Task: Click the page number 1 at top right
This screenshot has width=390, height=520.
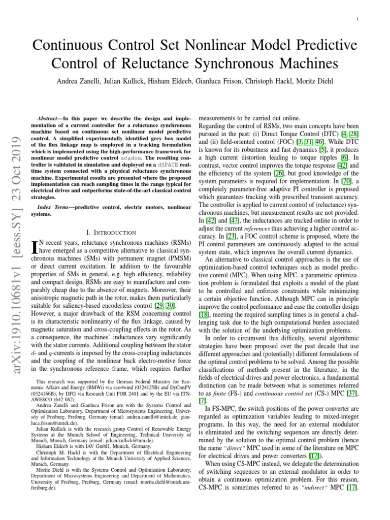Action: [x=359, y=19]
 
